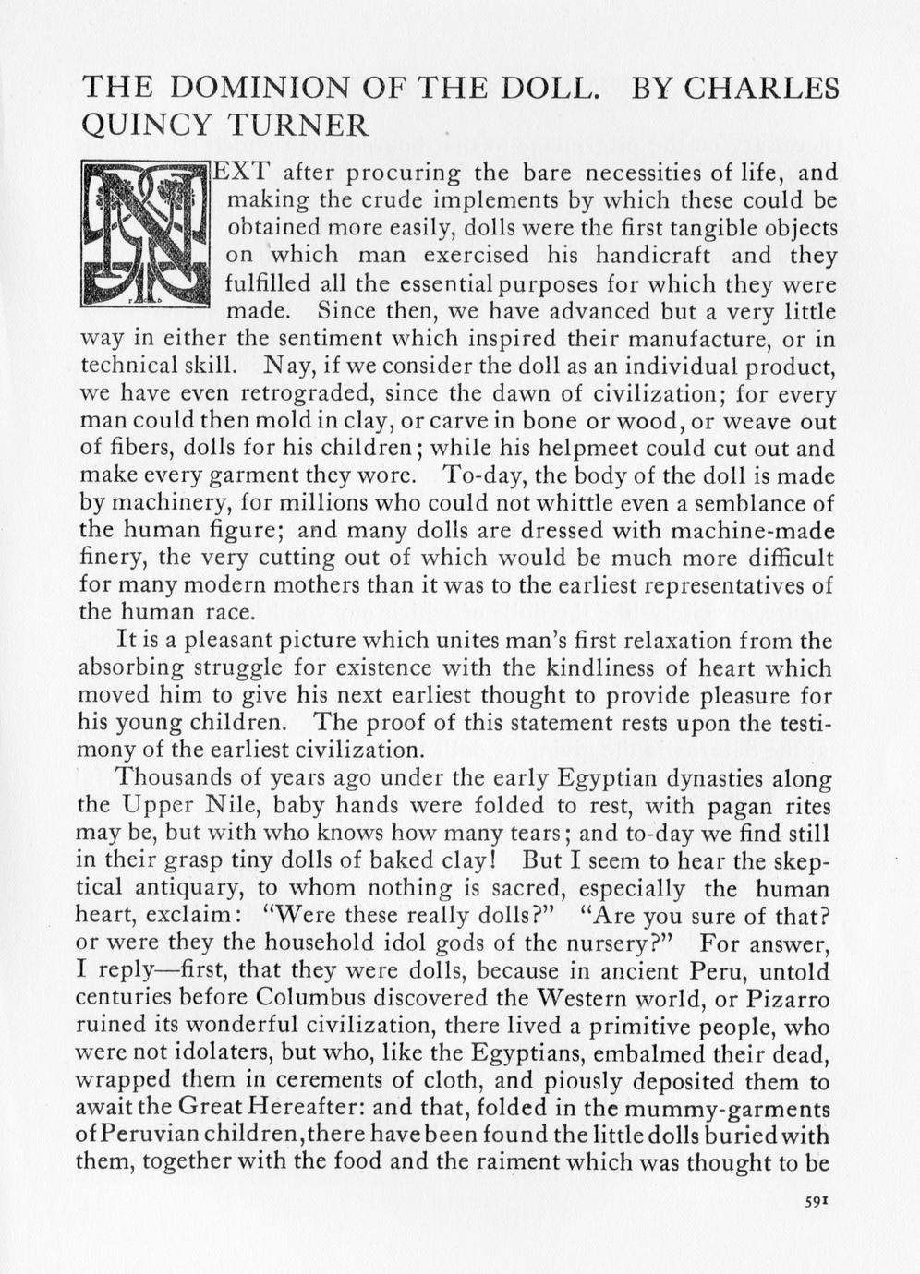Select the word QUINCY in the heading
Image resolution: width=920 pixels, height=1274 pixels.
click(x=147, y=125)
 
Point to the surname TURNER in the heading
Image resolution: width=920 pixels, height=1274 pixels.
click(x=298, y=125)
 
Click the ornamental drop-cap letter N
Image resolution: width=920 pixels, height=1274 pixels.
click(x=145, y=234)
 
